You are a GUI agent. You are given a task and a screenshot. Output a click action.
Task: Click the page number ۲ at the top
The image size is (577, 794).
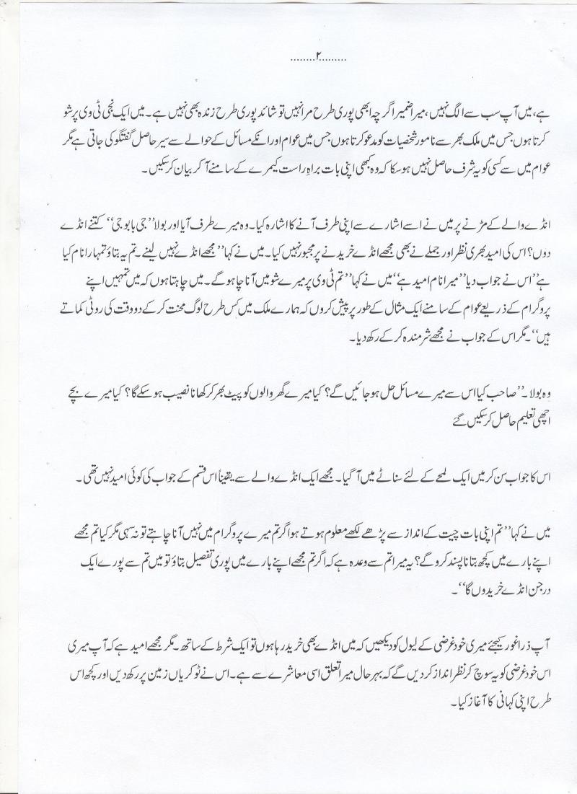point(317,56)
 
